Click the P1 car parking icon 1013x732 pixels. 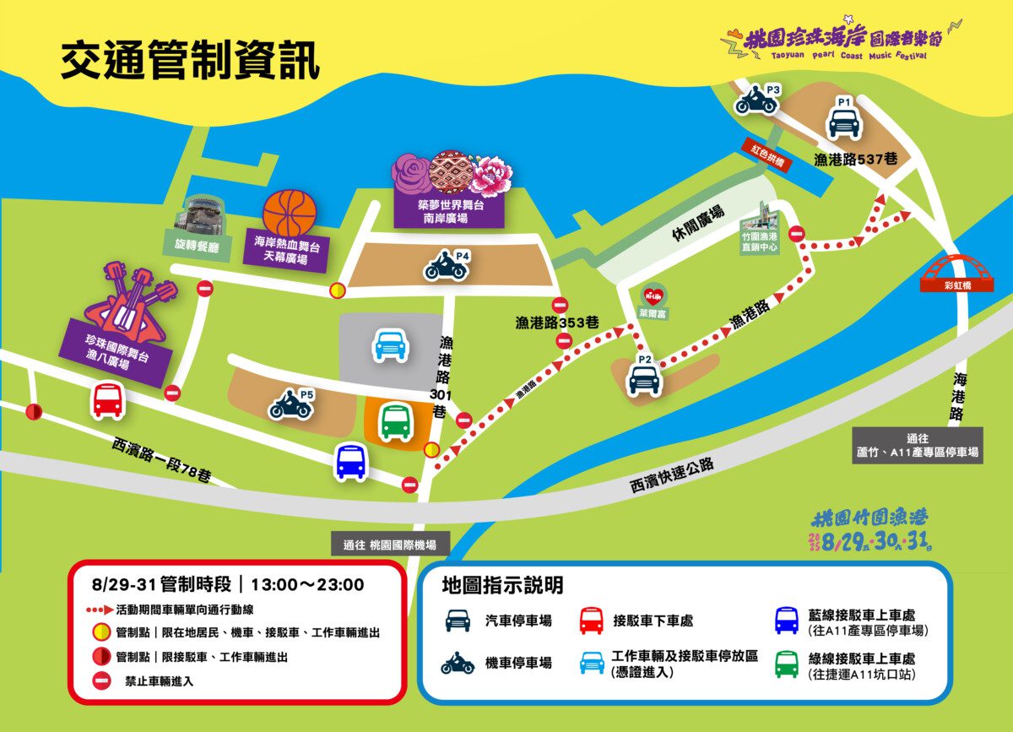click(843, 122)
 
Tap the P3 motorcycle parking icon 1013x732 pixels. click(756, 103)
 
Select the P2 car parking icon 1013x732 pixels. click(644, 379)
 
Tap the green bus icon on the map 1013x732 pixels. click(395, 420)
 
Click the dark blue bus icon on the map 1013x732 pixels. click(350, 462)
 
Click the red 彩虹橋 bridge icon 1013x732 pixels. click(956, 269)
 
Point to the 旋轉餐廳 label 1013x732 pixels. click(196, 250)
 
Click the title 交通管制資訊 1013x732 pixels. click(190, 62)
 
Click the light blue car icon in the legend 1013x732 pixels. click(591, 663)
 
